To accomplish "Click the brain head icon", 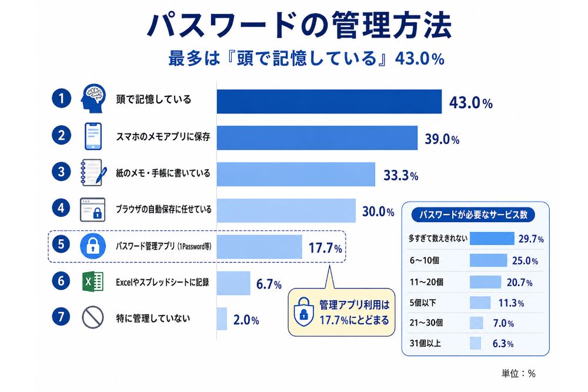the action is [93, 99].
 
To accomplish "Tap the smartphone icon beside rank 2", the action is [93, 136].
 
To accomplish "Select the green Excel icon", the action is [93, 282].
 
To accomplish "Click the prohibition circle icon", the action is [93, 317].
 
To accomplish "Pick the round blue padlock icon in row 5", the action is [93, 246].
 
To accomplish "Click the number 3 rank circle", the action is [61, 172].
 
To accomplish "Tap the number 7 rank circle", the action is [61, 317].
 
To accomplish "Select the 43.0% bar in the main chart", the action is [329, 101].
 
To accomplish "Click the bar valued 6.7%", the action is [233, 283].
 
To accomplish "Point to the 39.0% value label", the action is [442, 139].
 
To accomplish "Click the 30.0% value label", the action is [378, 212].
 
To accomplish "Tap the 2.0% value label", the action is [246, 320].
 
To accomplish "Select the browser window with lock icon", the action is [93, 209].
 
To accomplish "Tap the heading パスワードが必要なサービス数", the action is [473, 215].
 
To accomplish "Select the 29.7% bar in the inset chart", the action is [492, 239].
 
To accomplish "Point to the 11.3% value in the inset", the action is [511, 303].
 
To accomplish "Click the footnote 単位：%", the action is [519, 373].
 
